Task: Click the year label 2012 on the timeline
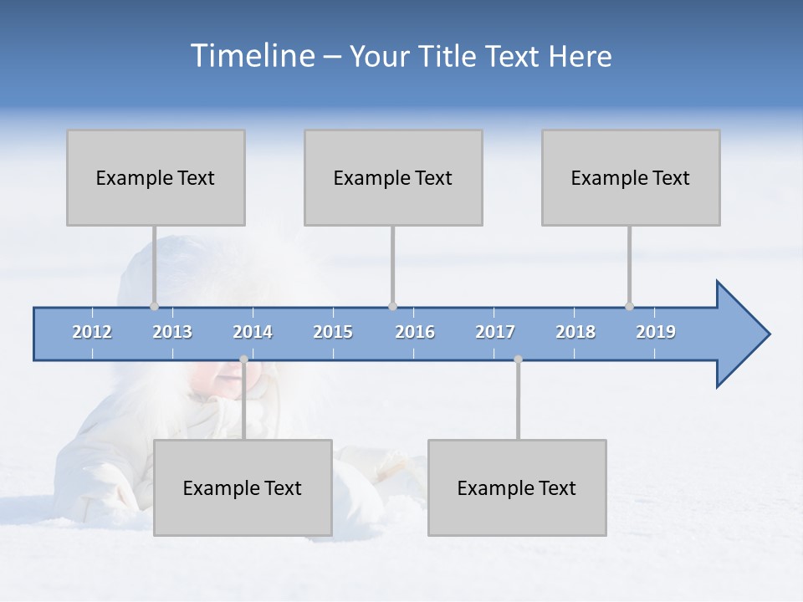[92, 332]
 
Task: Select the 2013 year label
[172, 332]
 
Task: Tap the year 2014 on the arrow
[253, 332]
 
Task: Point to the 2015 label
[333, 332]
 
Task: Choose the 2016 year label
[415, 332]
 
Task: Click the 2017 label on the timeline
[495, 332]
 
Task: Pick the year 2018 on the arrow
[575, 332]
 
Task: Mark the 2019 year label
[656, 332]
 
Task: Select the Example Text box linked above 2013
[156, 177]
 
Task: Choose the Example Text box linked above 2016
[393, 177]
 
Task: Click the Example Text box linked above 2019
[631, 177]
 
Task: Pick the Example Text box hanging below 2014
[243, 487]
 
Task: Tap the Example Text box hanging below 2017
[517, 487]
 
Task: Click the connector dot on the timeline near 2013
[154, 306]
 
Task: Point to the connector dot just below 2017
[518, 360]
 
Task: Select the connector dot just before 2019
[629, 306]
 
